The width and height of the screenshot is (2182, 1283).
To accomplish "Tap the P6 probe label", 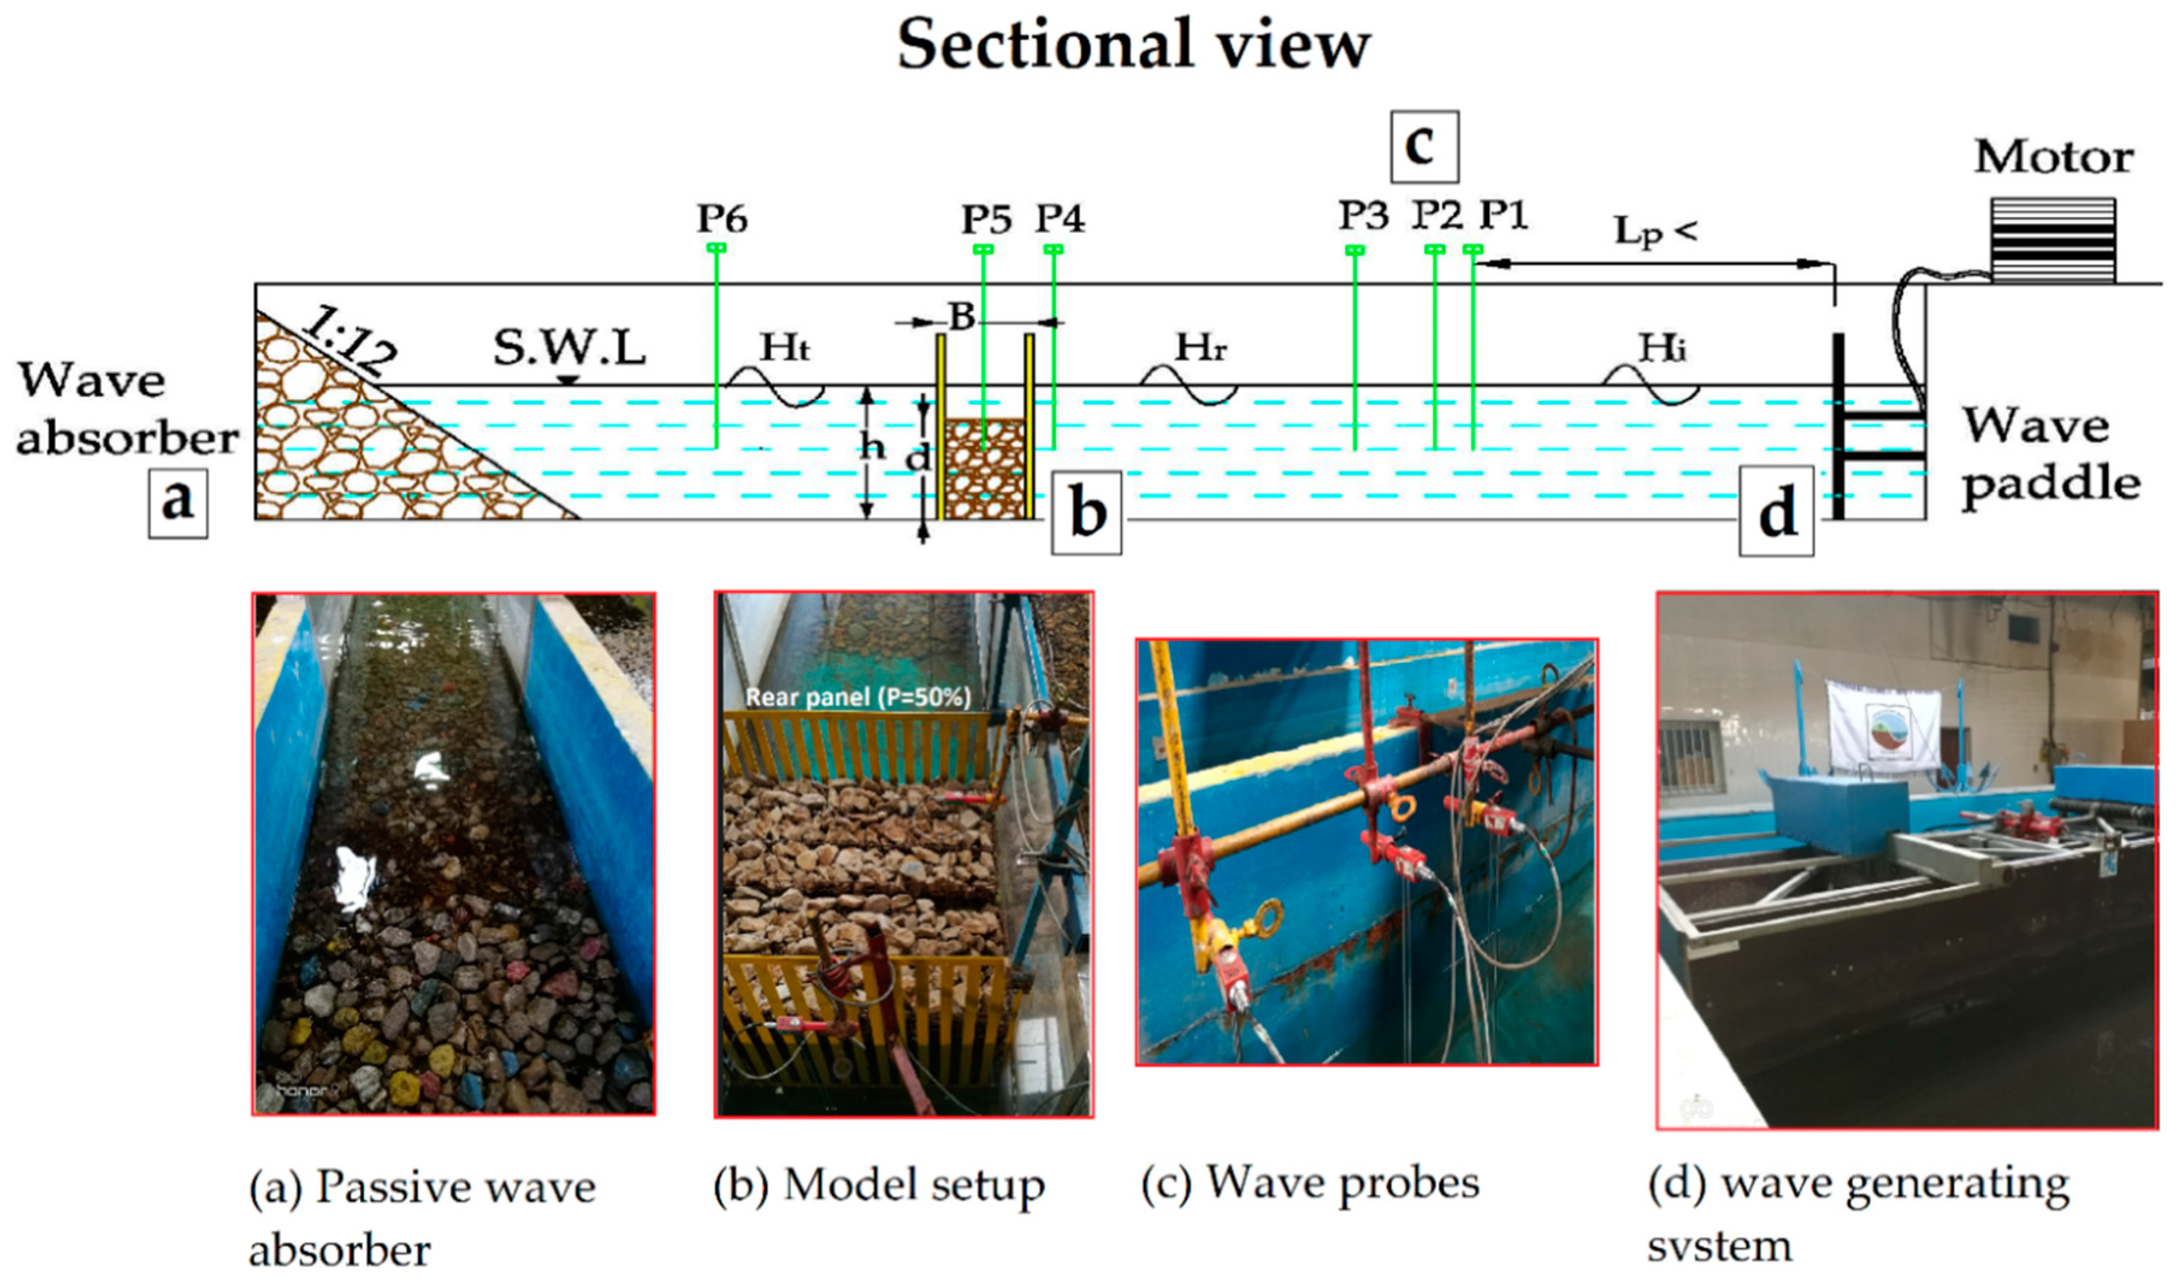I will click(722, 219).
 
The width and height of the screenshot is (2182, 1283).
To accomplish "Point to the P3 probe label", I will click(1363, 216).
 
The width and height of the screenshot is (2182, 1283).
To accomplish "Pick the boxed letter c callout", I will click(1424, 146).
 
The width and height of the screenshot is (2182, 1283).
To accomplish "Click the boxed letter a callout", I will click(178, 503).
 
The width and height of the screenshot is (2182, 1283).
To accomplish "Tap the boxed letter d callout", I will click(1776, 511).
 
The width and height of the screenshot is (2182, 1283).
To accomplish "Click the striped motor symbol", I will click(2052, 240).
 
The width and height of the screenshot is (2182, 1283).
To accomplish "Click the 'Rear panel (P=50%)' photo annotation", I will click(857, 697).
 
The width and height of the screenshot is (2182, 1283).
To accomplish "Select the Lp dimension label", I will click(1654, 232).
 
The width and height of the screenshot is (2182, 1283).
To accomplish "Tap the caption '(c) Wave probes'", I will click(1309, 1184).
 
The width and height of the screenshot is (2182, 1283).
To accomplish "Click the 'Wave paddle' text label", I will click(2050, 454).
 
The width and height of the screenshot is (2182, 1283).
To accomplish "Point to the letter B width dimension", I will click(961, 317).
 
